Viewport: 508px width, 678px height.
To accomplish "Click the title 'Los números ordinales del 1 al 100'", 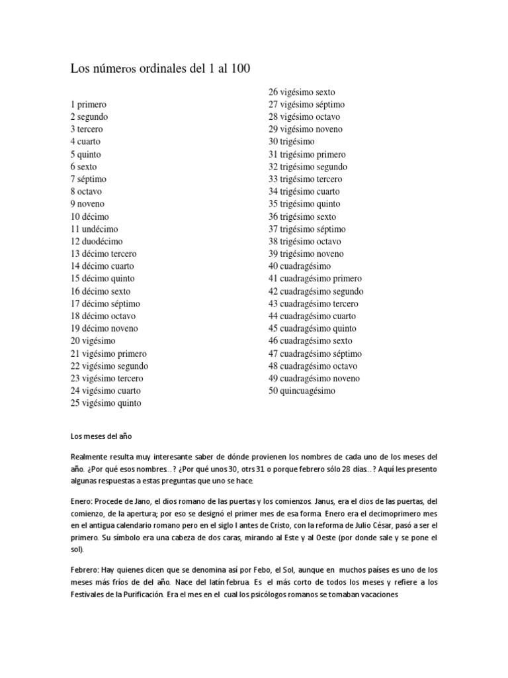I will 161,68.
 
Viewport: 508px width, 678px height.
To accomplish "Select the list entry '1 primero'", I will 89,105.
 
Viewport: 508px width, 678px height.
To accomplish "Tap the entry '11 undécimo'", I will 95,229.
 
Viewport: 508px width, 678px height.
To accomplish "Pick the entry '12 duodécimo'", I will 97,242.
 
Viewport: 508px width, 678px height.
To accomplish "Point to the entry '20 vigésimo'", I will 93,341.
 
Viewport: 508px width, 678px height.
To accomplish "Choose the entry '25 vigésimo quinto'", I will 106,403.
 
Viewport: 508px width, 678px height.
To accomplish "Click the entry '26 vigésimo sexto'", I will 302,92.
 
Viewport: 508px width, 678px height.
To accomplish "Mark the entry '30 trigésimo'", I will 292,142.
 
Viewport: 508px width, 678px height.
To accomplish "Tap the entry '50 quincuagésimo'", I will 302,391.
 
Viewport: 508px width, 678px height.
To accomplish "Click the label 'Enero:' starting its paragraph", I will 83,502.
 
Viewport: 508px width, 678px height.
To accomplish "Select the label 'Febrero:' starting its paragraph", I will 87,569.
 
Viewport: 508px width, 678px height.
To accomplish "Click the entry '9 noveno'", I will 87,204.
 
